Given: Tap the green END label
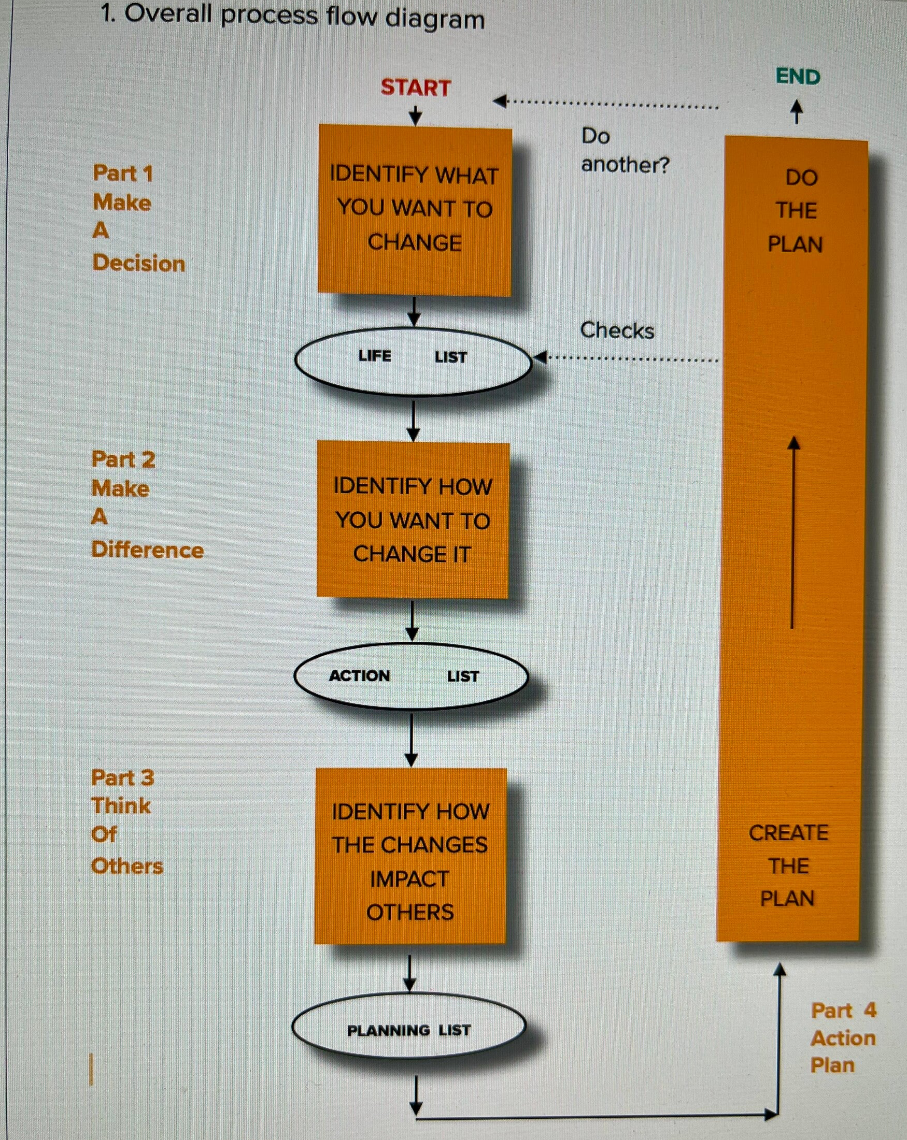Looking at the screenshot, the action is tap(798, 77).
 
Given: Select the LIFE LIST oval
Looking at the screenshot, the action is tap(413, 362).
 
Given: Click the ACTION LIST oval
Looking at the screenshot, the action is tap(411, 676).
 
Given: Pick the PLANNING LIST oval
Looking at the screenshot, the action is tap(408, 1027).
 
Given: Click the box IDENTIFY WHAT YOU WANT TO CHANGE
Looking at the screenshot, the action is tap(415, 210).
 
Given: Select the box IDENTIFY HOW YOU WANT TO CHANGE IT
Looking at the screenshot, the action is tap(413, 521).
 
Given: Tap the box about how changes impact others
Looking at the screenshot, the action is tap(410, 856).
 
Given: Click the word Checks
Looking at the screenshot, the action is tap(617, 330).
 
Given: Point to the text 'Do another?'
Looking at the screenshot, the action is tap(625, 151).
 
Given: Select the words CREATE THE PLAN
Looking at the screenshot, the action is tap(788, 865).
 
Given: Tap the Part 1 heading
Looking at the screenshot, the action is tap(123, 174).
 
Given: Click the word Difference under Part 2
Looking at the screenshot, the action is tap(147, 550).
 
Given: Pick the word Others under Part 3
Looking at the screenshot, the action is tap(127, 866).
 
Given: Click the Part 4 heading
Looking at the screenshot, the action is tap(843, 1011).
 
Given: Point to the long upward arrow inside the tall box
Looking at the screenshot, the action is tap(792, 532).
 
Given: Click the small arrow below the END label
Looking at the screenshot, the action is tap(797, 112).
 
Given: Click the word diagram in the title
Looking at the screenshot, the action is tap(434, 19).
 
